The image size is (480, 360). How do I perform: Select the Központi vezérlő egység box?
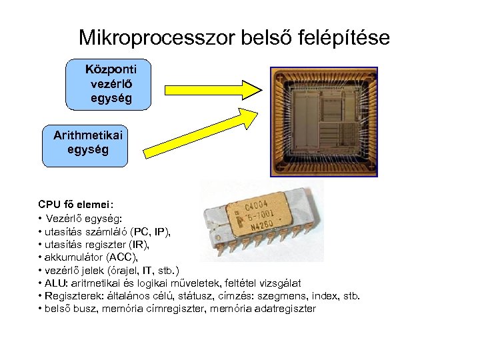(109, 84)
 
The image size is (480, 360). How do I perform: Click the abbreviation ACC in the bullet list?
(121, 257)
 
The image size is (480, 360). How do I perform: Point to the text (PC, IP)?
(151, 231)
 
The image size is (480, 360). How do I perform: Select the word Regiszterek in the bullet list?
(71, 295)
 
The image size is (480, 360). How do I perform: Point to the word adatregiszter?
(284, 308)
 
